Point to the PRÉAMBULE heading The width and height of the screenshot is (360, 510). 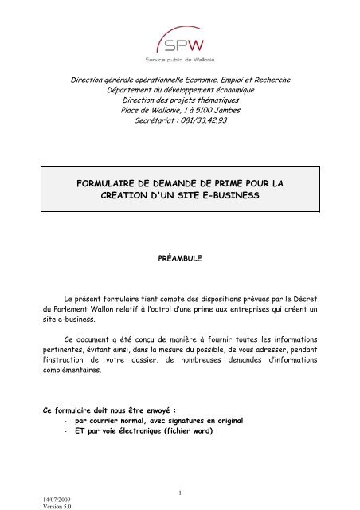pos(179,259)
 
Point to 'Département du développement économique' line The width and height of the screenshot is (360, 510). pos(179,89)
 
